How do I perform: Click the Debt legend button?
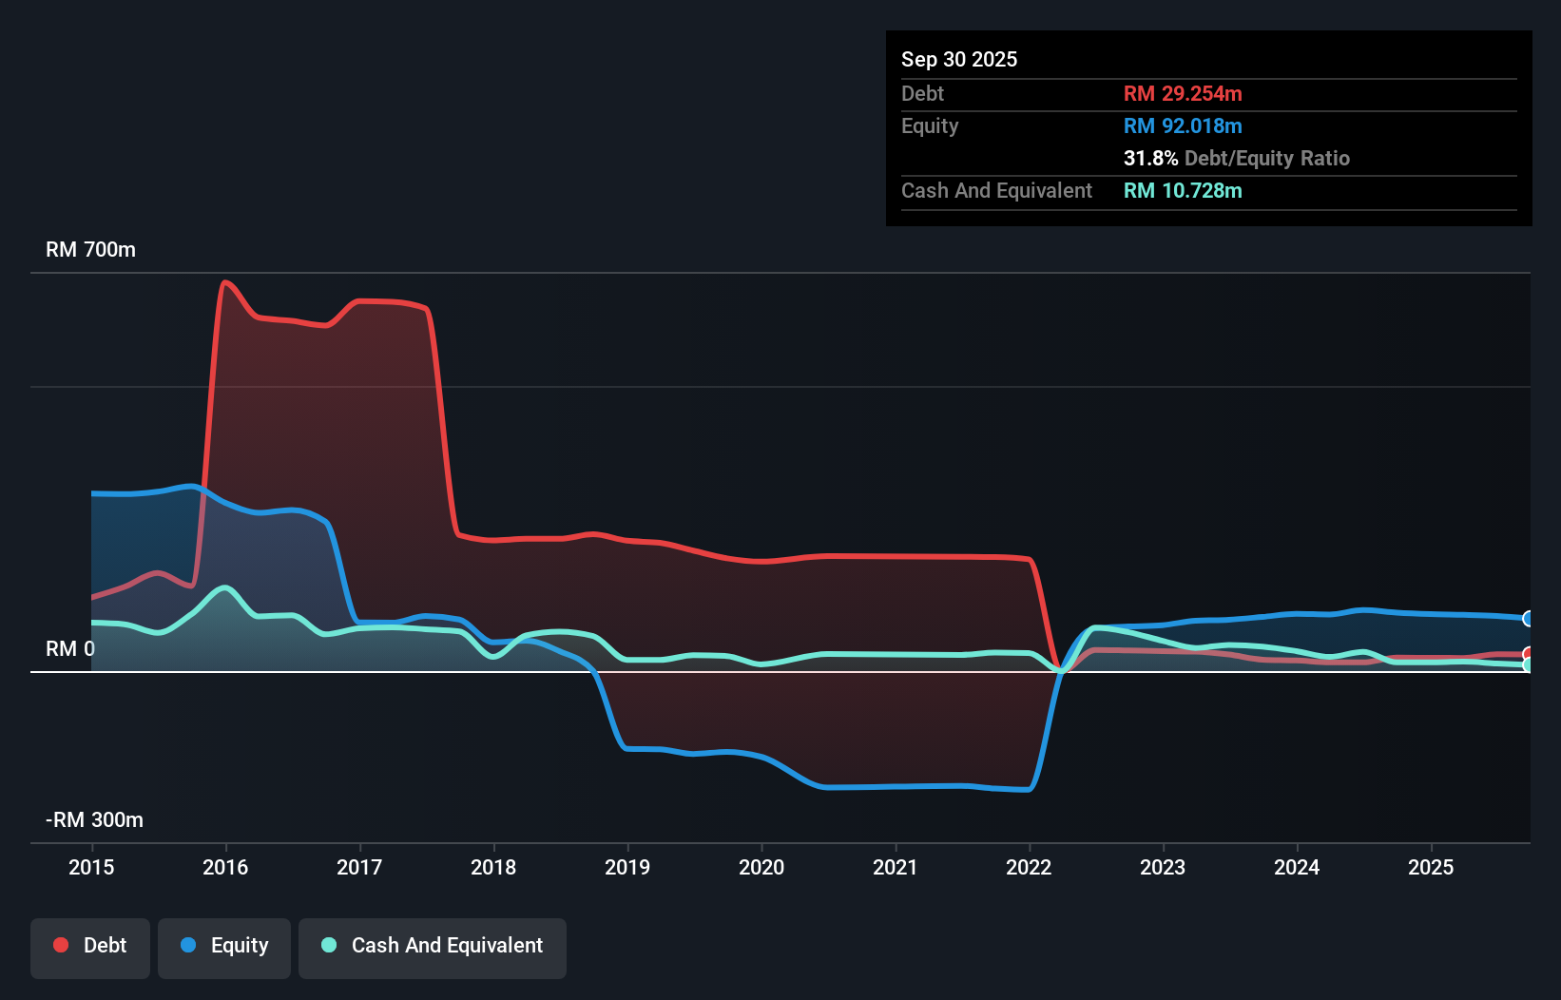[90, 946]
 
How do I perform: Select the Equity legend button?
[224, 946]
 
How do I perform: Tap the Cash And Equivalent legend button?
[433, 946]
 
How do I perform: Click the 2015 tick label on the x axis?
[91, 867]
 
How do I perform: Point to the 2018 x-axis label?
[493, 867]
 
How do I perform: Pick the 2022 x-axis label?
[1029, 867]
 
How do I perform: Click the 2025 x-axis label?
[1431, 867]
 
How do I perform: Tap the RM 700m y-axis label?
[90, 250]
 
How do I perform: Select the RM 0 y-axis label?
[70, 648]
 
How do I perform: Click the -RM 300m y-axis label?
[94, 819]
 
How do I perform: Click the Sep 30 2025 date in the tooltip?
[958, 59]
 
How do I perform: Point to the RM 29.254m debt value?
[1182, 93]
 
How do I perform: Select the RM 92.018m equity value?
[1182, 125]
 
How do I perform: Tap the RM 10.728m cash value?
[1182, 190]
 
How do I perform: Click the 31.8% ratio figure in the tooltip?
[1150, 158]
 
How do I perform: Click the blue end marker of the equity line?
[1528, 619]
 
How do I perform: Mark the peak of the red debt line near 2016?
[224, 281]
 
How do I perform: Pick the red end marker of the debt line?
[1528, 654]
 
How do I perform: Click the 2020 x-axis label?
[761, 867]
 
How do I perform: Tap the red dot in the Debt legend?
[61, 945]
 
